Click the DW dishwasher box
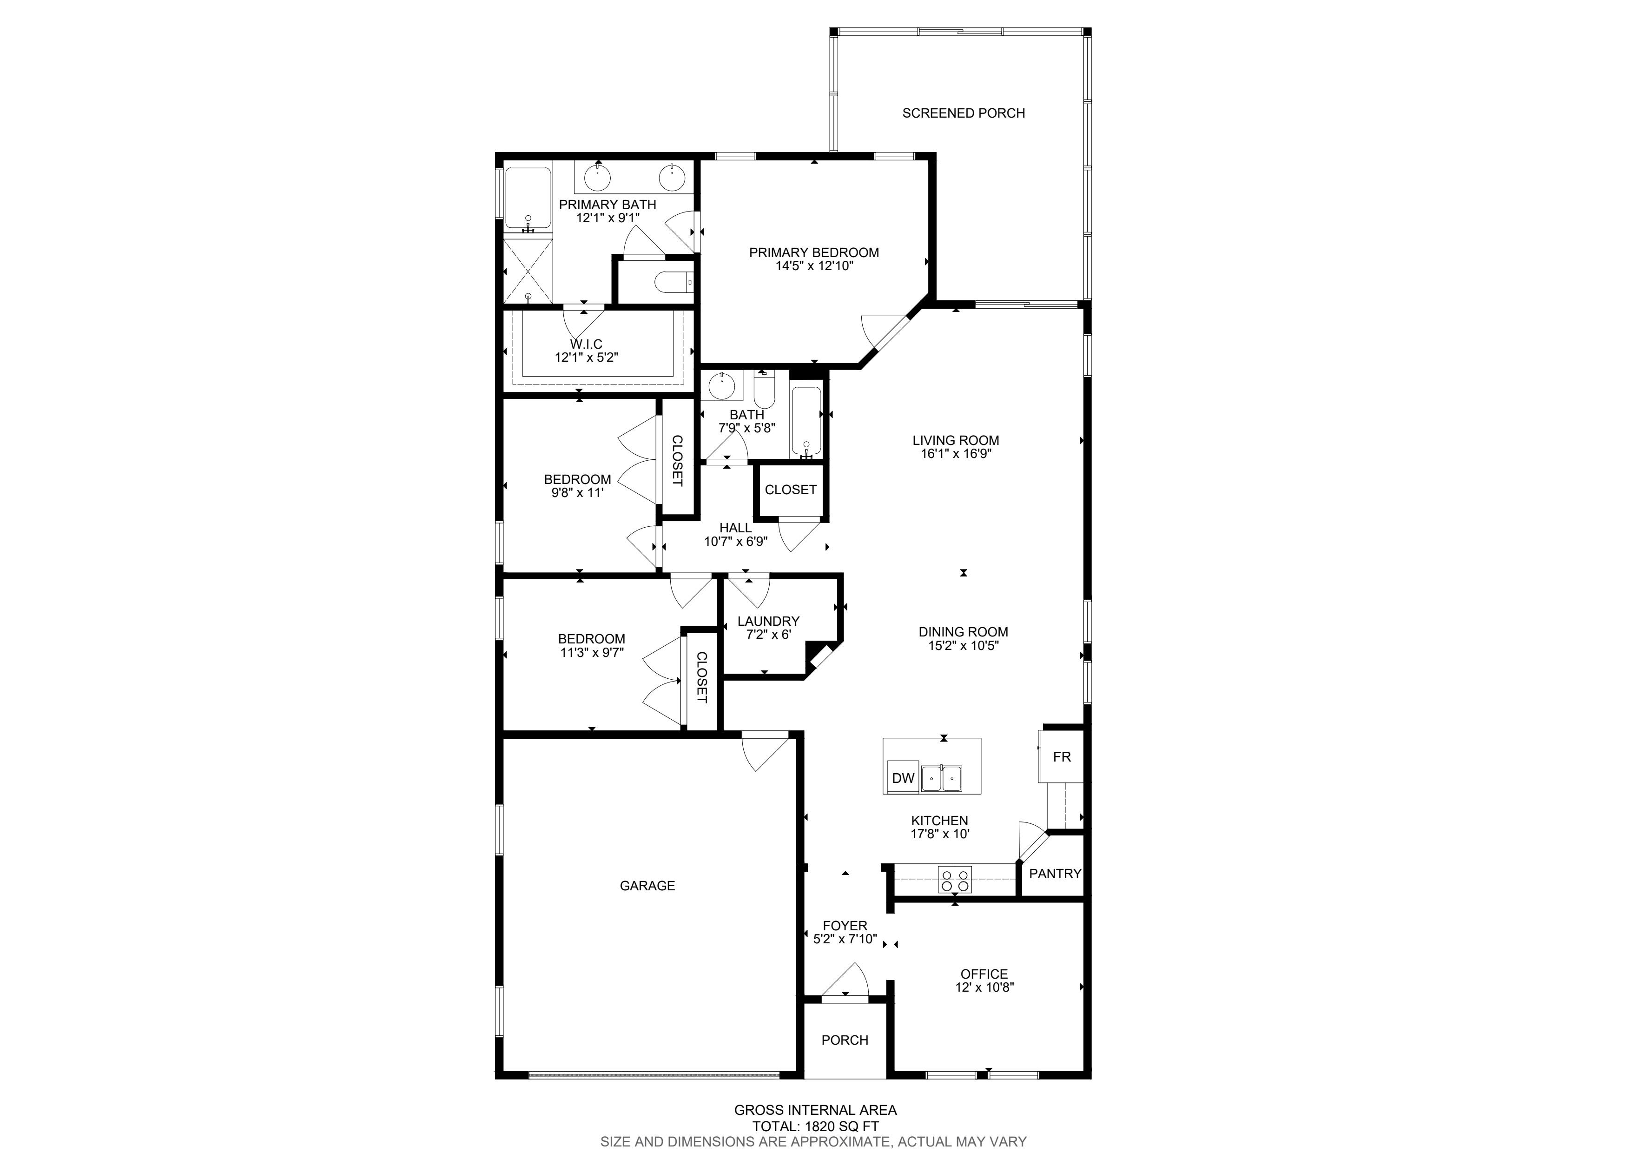[x=903, y=778]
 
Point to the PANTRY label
[x=1055, y=874]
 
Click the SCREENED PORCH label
[x=963, y=113]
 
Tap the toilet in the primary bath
[x=674, y=283]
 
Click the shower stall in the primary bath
[x=528, y=271]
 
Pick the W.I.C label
[x=586, y=344]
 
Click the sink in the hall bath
[x=722, y=386]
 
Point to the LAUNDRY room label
[x=768, y=621]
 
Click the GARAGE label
[x=647, y=885]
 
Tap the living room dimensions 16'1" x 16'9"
[x=956, y=453]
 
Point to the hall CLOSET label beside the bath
[x=791, y=490]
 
